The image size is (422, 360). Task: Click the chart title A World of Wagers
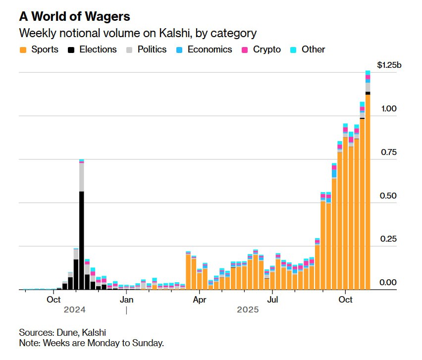tap(74, 16)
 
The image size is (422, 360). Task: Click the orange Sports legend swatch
tap(23, 50)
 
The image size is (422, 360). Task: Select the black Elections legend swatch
tap(71, 50)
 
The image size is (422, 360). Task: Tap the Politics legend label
tap(152, 50)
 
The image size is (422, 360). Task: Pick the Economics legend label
tap(210, 50)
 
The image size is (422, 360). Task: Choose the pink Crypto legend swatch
tap(245, 50)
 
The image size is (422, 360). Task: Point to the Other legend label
tap(314, 50)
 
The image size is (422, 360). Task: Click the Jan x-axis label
tap(126, 300)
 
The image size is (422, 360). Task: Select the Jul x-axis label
tap(272, 300)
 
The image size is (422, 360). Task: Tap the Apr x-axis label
tap(199, 300)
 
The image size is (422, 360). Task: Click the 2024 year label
tap(75, 310)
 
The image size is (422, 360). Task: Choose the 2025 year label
tap(248, 310)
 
